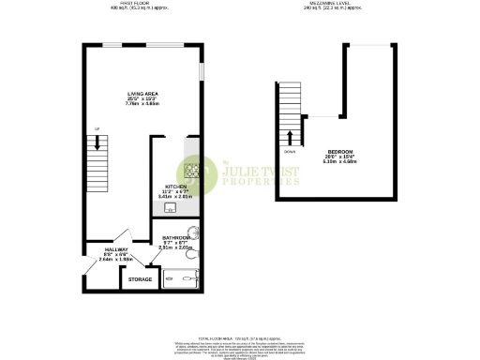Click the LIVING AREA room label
(142, 94)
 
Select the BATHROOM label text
(177, 238)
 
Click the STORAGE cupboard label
(141, 279)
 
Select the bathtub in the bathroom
(181, 277)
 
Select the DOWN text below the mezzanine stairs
(290, 149)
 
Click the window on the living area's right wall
(201, 74)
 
